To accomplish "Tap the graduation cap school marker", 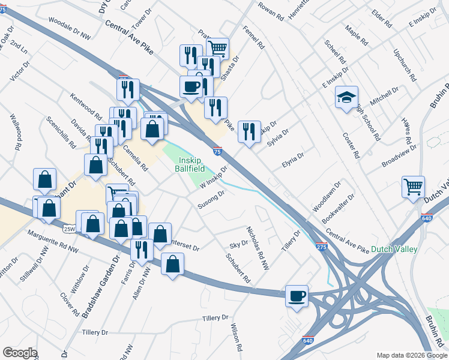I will coord(346,97).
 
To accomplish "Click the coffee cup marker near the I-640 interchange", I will coord(297,295).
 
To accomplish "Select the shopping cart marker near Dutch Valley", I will coord(414,187).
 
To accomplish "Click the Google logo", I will coord(20,353).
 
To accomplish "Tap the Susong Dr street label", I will coord(211,200).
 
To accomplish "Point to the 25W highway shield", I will coord(70,229).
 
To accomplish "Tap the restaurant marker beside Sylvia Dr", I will coord(249,131).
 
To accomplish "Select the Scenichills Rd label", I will coord(61,133).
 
